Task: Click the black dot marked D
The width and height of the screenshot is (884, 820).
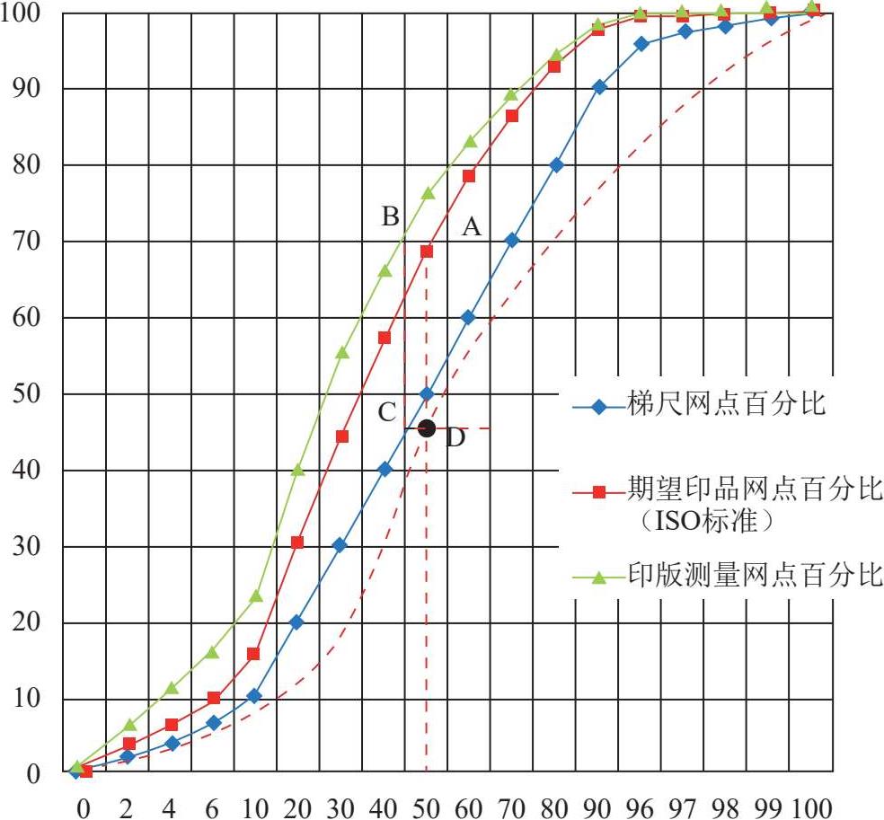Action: pos(427,428)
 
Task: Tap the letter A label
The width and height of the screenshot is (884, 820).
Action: pos(472,228)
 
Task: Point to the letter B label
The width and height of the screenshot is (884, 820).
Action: pos(390,216)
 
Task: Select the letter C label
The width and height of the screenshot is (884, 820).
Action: pos(387,412)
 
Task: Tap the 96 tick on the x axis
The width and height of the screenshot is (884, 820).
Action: pos(640,804)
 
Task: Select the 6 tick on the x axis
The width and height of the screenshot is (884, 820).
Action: pos(212,804)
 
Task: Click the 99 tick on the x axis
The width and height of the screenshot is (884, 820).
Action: pos(769,804)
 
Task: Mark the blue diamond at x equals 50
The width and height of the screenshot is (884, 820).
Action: pos(427,394)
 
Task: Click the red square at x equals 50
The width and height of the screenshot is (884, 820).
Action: pos(427,251)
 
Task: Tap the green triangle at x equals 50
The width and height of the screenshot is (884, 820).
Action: pos(428,193)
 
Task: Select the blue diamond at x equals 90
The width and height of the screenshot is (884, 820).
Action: pos(599,87)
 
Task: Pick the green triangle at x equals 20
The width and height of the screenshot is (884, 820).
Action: pos(297,470)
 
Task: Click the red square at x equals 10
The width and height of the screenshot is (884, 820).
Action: pos(253,654)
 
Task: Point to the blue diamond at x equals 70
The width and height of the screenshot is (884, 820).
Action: pos(512,240)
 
